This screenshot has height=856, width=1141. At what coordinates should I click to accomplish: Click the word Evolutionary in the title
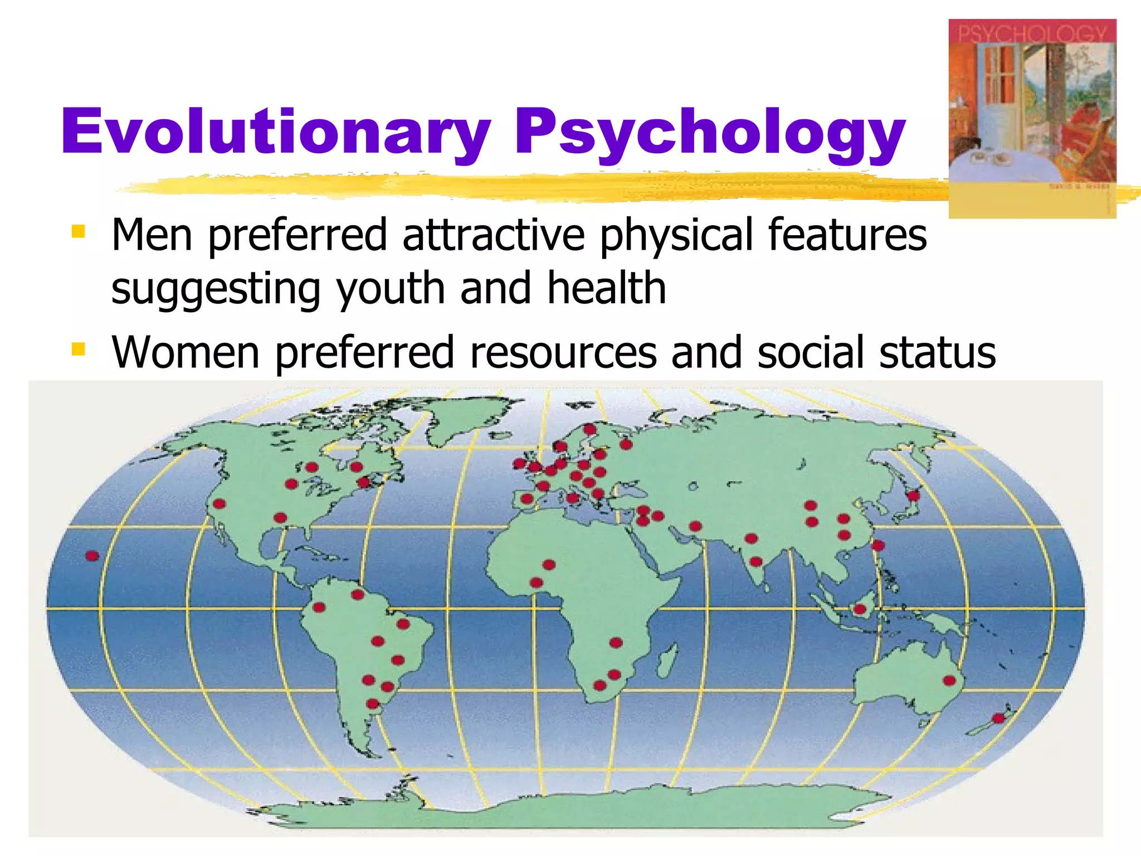(x=276, y=132)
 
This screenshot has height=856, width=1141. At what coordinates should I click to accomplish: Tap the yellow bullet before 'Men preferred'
(x=79, y=231)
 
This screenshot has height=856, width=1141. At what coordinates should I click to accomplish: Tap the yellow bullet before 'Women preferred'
(x=79, y=349)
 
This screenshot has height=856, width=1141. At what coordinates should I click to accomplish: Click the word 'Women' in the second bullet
(x=186, y=353)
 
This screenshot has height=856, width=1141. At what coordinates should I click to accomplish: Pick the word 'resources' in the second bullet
(x=563, y=353)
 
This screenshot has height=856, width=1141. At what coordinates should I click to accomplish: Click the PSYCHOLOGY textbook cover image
(x=1032, y=118)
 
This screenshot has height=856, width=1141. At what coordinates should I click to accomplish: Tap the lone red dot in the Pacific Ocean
(x=92, y=556)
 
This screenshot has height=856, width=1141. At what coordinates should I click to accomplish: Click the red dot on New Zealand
(x=999, y=718)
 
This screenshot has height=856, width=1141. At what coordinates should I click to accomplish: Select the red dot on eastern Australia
(x=949, y=680)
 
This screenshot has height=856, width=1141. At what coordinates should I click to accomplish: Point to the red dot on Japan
(x=913, y=495)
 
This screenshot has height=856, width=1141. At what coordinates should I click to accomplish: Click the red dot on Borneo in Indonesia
(x=860, y=609)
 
